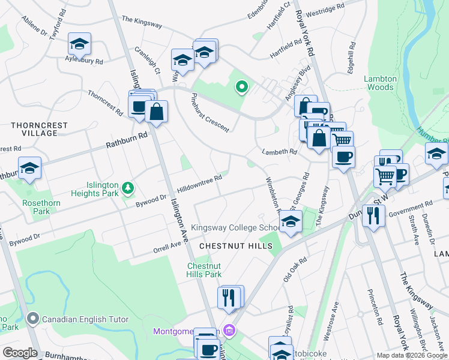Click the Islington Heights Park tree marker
coord(127,188)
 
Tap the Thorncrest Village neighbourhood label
coord(40,129)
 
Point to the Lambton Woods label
coord(380,83)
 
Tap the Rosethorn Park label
coord(37,207)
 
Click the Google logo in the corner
coord(20,352)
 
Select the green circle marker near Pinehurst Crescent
coord(241,88)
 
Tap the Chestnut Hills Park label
coord(204,270)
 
